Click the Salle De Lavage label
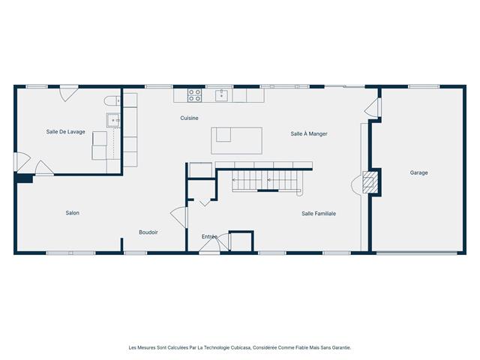pos(65,132)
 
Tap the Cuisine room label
pos(189,118)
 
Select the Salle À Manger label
pos(309,133)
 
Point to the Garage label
pos(418,172)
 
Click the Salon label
pos(72,213)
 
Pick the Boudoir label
pos(148,232)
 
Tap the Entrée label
pos(209,237)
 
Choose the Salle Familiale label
pos(319,214)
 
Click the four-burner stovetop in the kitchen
pos(194,95)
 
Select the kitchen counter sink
pos(221,94)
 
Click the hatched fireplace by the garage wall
pos(370,182)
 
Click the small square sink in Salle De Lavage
pos(114,120)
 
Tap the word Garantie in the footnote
pos(339,347)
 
